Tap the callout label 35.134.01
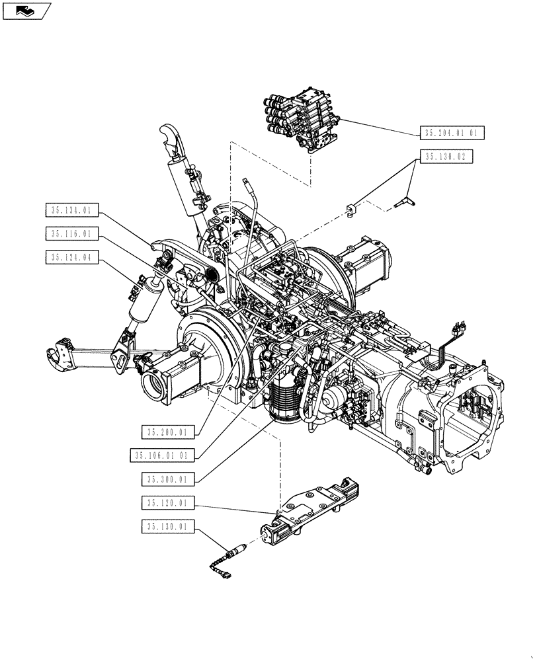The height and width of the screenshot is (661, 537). [72, 211]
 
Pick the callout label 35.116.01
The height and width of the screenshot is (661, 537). [72, 234]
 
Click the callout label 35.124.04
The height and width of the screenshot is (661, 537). [72, 258]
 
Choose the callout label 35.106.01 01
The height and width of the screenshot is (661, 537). [163, 455]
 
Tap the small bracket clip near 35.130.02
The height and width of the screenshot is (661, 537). [350, 210]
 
